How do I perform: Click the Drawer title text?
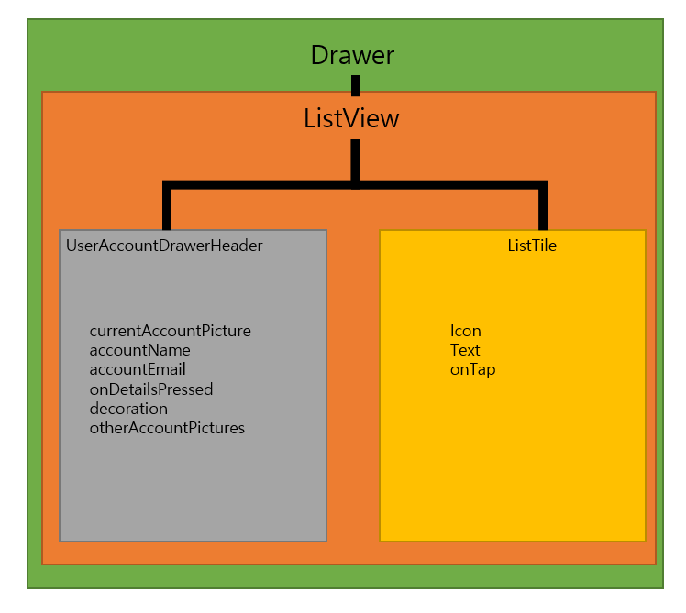click(352, 55)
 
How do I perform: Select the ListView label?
click(351, 118)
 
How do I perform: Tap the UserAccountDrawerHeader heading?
click(164, 246)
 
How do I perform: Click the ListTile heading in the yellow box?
click(532, 246)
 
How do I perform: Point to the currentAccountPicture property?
click(170, 331)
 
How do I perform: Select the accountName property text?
click(139, 350)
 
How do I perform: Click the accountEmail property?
click(138, 369)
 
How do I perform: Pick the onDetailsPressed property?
click(150, 389)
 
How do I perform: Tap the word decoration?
click(128, 409)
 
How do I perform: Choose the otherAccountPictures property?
click(167, 428)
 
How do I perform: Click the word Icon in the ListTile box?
click(465, 331)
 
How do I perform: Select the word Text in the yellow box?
click(465, 350)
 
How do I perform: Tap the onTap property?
click(472, 369)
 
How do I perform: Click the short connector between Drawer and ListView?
click(355, 85)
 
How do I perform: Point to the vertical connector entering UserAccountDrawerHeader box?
click(167, 208)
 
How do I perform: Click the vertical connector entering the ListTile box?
click(543, 208)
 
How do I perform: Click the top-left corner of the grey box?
click(61, 231)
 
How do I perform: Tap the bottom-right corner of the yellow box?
click(645, 540)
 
